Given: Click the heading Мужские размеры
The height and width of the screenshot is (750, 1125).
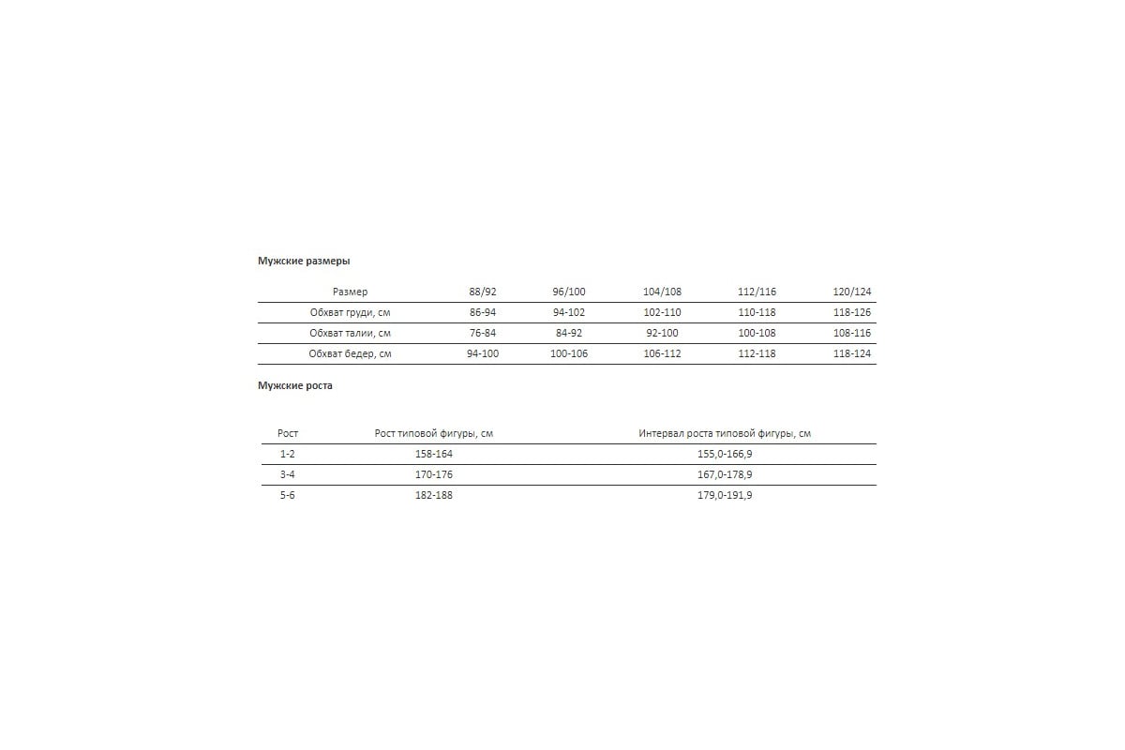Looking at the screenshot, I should [303, 262].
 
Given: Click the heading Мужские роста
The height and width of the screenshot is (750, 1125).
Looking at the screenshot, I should [294, 385].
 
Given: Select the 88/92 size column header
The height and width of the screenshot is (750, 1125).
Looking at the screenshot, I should [482, 292].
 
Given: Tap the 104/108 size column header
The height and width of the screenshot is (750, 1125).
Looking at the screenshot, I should [662, 292].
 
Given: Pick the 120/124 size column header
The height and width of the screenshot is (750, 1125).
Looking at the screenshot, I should [851, 292].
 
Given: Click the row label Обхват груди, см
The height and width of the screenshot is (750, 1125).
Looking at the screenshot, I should [350, 312].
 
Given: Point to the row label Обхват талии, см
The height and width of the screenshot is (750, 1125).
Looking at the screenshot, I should [350, 333].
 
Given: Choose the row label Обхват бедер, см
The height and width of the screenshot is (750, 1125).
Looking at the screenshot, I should [350, 353].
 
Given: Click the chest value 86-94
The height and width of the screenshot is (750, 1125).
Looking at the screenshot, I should [482, 312].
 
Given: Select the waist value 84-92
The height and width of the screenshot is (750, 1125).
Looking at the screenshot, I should [569, 333].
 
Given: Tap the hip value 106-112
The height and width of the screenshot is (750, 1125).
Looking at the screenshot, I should [662, 353].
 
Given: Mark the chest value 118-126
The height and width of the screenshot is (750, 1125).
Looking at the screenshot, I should [851, 312].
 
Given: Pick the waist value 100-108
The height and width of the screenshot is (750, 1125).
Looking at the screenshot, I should [757, 333].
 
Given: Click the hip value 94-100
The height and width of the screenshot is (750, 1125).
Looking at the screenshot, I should [482, 353].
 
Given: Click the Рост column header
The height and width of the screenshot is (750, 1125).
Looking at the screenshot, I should [288, 433].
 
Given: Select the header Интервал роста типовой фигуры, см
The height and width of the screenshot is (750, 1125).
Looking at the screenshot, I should [725, 433].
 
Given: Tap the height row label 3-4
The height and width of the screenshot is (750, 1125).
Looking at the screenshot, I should [288, 474].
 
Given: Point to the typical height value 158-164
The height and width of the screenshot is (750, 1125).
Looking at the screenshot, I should [433, 454].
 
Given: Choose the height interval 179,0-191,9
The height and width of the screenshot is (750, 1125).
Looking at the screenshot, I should [725, 495].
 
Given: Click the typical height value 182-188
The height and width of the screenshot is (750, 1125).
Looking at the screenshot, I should [433, 495].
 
